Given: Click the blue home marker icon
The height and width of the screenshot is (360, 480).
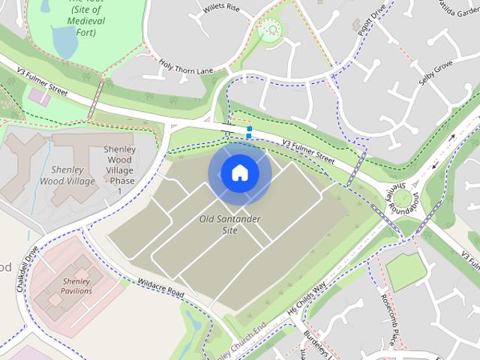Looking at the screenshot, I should point(239,173).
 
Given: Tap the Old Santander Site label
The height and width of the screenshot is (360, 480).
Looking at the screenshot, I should point(229,224).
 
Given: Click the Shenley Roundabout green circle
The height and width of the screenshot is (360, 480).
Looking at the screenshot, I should point(403,199).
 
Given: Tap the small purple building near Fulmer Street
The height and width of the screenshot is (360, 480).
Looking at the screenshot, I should point(35,97).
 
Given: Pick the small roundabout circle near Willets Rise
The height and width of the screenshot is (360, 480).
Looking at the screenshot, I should point(269,30).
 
